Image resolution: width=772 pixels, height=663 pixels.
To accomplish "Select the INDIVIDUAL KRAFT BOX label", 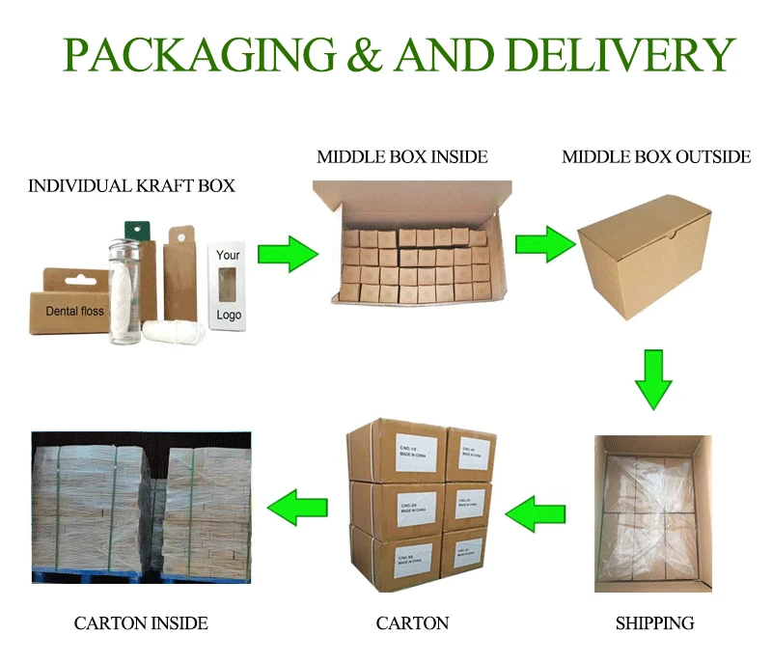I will [x=131, y=185].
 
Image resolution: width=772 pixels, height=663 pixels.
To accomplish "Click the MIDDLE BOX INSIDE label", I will [x=402, y=156].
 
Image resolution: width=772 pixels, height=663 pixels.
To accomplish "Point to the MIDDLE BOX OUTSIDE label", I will [x=656, y=156].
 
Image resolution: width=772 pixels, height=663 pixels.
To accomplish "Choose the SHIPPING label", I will [x=654, y=622].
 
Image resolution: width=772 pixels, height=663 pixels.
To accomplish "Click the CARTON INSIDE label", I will [x=141, y=622].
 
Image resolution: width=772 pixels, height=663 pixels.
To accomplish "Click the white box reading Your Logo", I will [x=229, y=286].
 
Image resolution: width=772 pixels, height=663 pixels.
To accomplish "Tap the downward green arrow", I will [x=653, y=378].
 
